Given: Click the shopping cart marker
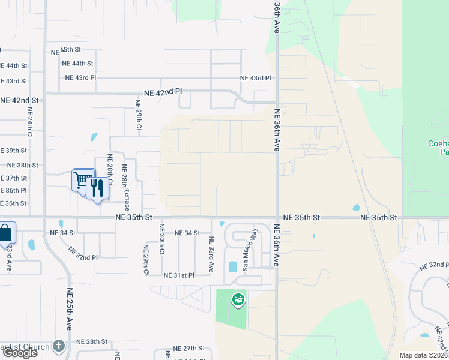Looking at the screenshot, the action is (82, 179).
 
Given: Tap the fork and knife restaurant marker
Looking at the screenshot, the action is (97, 188).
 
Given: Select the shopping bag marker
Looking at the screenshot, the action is (5, 233).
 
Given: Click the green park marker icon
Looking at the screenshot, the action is (238, 298).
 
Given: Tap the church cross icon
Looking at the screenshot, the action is (58, 346).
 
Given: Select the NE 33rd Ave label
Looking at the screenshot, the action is (211, 254).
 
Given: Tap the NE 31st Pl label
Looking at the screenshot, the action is (179, 275).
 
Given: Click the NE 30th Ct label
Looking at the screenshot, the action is (161, 239).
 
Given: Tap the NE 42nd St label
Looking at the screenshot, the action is (19, 100).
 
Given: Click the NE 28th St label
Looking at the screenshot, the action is (92, 341).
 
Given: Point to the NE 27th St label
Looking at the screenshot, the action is (189, 348).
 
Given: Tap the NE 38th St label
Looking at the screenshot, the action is (22, 165).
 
